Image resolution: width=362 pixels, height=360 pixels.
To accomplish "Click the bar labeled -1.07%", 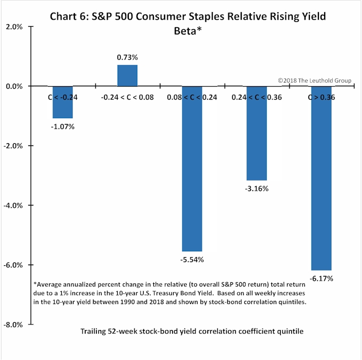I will point(63,102).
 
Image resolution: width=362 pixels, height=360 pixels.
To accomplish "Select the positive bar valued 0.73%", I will point(127,75).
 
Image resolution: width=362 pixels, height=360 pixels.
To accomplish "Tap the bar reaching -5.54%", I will point(192,168).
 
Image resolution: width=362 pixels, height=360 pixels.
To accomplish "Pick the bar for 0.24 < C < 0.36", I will point(256,133).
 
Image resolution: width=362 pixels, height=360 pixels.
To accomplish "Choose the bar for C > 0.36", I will point(321,178).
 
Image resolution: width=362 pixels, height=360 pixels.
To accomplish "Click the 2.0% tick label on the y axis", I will point(15,26).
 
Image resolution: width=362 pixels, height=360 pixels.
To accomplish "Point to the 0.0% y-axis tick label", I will point(15,86).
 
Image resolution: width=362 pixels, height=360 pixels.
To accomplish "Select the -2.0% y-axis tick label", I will point(14,145).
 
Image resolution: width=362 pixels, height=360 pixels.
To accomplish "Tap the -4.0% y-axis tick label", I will point(14,205).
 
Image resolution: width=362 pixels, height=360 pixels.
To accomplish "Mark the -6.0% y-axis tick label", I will point(14,265).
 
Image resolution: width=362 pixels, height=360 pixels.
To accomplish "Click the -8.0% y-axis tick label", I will point(14,324).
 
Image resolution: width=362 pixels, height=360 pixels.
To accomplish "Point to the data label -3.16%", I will point(257,189).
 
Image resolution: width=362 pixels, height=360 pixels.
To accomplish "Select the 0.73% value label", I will point(128,56).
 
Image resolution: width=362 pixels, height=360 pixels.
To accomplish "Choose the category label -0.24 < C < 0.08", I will point(127,97).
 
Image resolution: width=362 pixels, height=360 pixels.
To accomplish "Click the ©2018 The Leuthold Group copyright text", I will point(314,80).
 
